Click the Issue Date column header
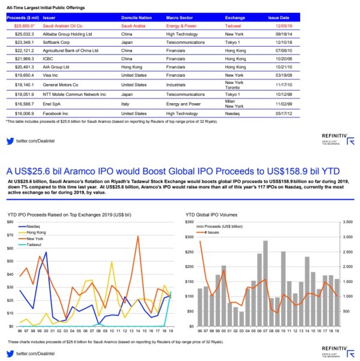[x=280, y=18]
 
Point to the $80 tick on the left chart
[x=10, y=221]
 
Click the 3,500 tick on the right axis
[x=347, y=221]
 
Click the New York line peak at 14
[x=137, y=236]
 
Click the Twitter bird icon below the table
[x=10, y=141]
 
